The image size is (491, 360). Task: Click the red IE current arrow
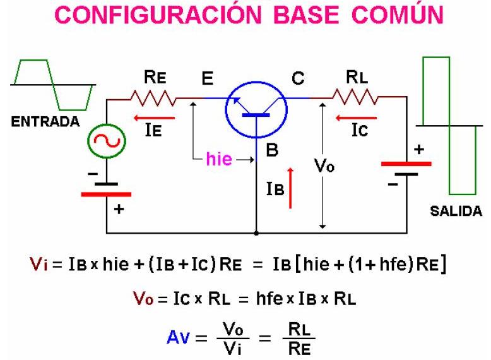[152, 118]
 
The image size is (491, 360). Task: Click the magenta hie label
[219, 159]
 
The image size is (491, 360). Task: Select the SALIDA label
[456, 212]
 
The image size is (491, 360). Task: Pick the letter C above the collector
[298, 79]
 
